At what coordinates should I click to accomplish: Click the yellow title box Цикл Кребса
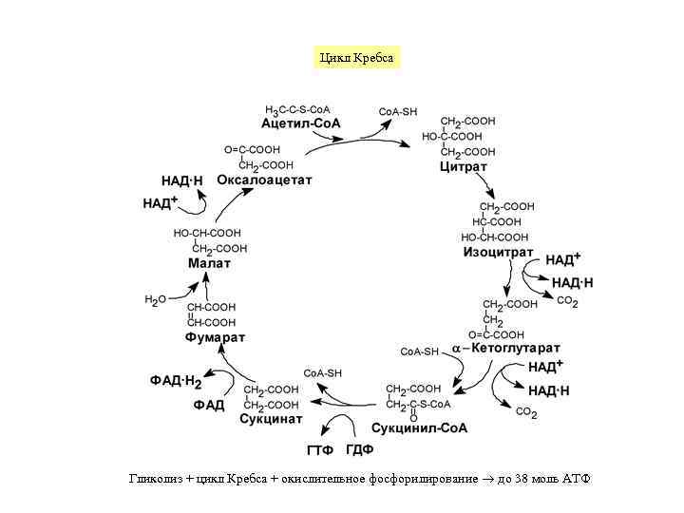point(355,58)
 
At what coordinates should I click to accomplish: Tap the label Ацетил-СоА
point(300,123)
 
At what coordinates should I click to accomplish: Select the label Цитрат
point(463,166)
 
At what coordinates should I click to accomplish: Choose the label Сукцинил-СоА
point(418,427)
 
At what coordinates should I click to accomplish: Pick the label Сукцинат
point(271,419)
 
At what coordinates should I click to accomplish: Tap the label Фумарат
point(215,337)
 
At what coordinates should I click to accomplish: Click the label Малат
point(209,263)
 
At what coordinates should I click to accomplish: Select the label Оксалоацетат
point(264,180)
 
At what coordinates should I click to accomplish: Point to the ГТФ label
point(320,449)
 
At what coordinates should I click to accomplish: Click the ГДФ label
point(359,449)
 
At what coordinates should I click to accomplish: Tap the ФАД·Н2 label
point(176,381)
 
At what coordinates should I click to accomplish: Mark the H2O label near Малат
point(155,300)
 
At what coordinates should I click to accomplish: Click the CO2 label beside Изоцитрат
point(567,302)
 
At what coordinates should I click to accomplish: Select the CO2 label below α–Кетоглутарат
point(526,412)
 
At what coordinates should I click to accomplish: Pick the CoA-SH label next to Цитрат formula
point(398,111)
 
